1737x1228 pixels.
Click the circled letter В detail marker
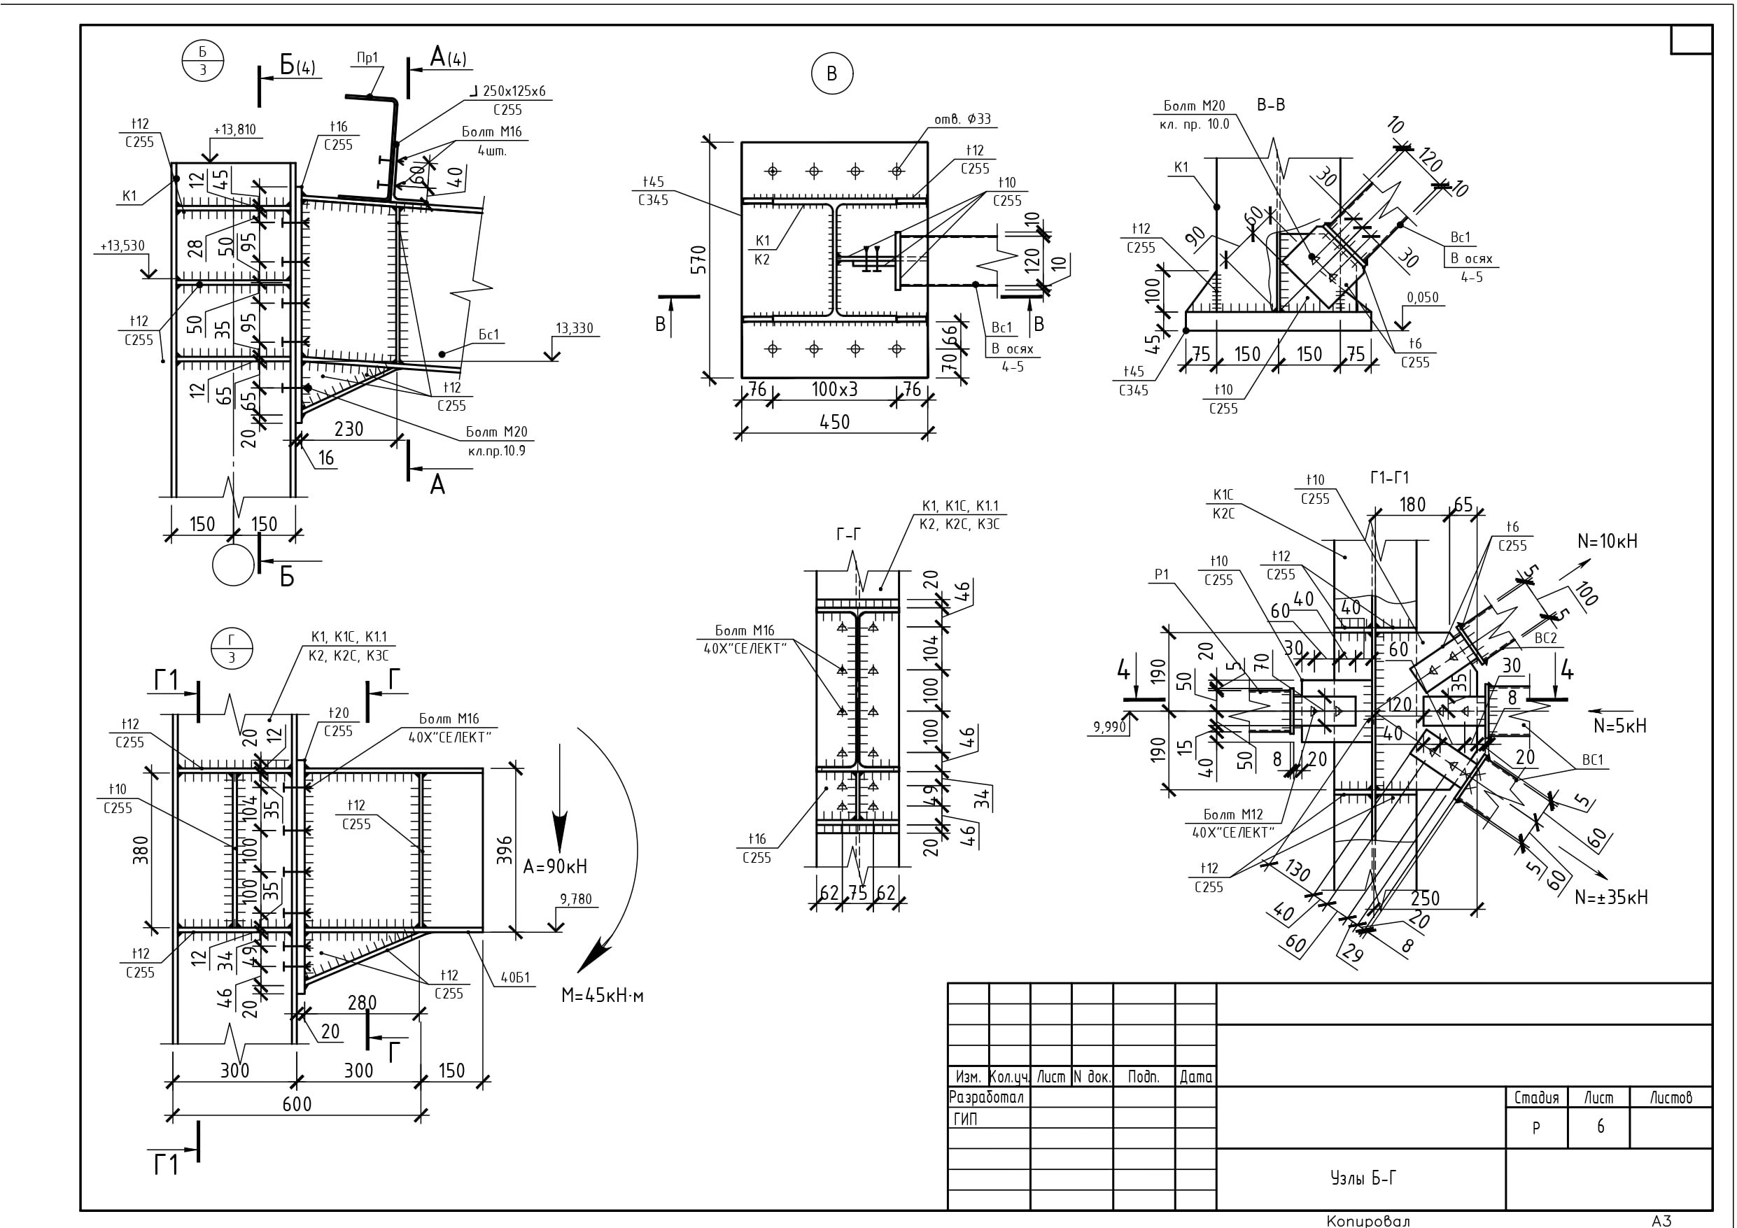pos(831,74)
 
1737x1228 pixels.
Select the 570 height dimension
pos(698,260)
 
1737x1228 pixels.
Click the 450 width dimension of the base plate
pos(834,422)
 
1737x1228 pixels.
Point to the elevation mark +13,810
pos(234,130)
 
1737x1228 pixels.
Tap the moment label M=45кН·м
pos(602,996)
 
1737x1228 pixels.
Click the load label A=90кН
pos(554,867)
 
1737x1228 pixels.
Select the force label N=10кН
pos(1607,542)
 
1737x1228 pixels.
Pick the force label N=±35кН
pos(1610,897)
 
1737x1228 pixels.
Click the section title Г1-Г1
pos(1389,478)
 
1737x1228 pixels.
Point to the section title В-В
pos(1271,105)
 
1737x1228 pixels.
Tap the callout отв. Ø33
pos(962,120)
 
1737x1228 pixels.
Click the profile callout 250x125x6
pos(513,92)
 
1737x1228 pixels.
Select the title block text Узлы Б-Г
pos(1363,1178)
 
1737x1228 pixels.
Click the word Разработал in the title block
pos(986,1097)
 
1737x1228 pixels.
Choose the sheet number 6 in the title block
pos(1600,1127)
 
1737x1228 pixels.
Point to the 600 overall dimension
pos(297,1105)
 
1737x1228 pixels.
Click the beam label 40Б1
pos(514,978)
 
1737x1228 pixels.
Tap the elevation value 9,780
pos(575,900)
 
